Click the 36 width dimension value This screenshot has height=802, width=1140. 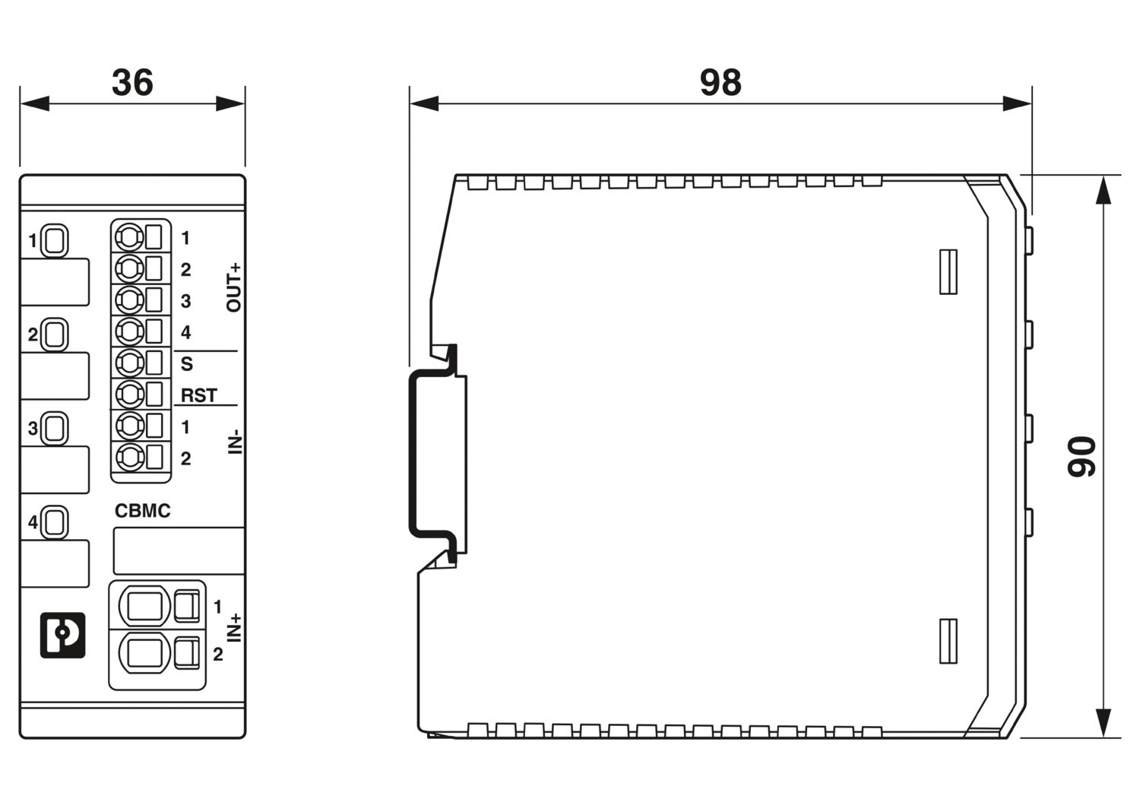[x=132, y=82]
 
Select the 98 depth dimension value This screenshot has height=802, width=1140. [x=720, y=82]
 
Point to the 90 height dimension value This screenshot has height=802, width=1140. [x=1081, y=456]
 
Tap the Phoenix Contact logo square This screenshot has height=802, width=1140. [x=62, y=635]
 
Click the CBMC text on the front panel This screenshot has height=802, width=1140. [x=143, y=511]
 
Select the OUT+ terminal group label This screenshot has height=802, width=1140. [x=233, y=287]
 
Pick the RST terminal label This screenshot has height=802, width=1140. [x=199, y=395]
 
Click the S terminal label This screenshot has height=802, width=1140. [x=187, y=363]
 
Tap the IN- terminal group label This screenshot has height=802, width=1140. [x=235, y=442]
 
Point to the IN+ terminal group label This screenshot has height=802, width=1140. [x=233, y=627]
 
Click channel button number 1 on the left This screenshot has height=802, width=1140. [x=54, y=240]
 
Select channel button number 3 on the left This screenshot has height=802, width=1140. [x=54, y=428]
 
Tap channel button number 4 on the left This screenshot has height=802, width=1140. [x=54, y=522]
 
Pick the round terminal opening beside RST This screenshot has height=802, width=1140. [x=129, y=394]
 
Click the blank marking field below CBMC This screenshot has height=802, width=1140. [x=179, y=551]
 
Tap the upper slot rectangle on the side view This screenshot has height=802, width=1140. [x=948, y=272]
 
